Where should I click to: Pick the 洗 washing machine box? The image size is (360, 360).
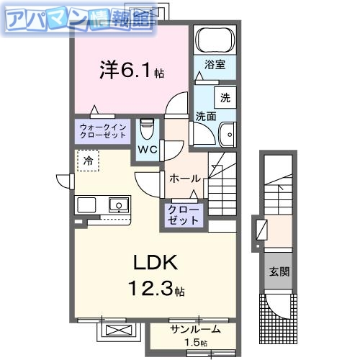(225, 96)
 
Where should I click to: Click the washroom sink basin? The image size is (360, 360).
(228, 134)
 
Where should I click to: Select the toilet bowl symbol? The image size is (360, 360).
(148, 130)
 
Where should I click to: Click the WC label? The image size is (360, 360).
(148, 150)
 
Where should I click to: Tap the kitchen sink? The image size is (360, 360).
(118, 205)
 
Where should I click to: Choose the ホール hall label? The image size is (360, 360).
(185, 178)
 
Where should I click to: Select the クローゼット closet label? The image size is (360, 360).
(185, 215)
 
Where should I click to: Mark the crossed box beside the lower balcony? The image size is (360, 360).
(119, 332)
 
